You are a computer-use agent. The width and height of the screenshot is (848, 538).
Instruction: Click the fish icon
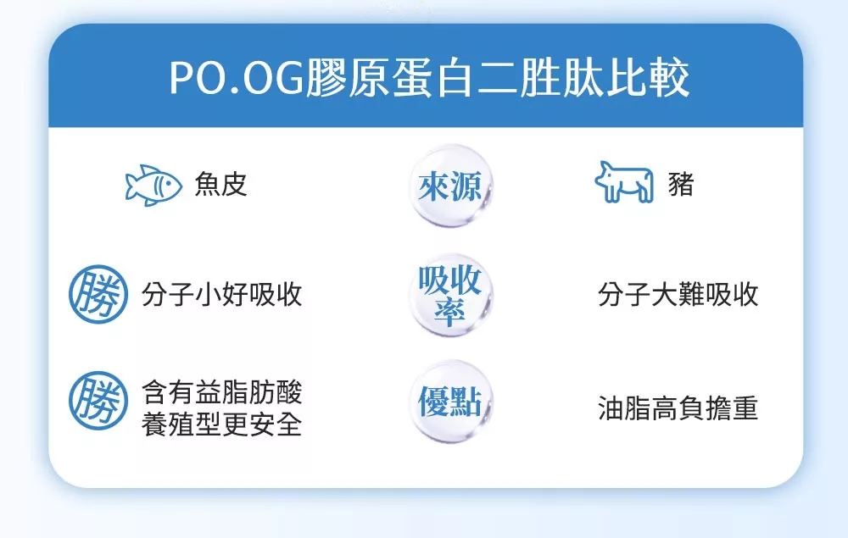pos(153,186)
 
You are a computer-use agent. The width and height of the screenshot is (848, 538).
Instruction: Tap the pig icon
pos(623,182)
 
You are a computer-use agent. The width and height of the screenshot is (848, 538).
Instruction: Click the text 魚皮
pos(221,185)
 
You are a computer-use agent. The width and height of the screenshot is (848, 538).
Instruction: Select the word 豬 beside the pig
pos(681,185)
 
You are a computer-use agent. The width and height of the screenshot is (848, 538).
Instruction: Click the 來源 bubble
pos(450,186)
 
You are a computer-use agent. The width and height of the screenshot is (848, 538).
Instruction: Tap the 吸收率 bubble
pos(450,295)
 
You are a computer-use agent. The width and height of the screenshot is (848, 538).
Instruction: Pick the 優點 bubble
pos(450,402)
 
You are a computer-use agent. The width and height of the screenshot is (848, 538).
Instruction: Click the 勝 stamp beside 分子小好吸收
pos(98,294)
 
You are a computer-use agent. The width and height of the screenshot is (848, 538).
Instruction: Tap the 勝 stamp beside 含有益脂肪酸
pos(98,400)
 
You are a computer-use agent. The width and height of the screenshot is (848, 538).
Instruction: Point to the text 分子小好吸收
pos(221,295)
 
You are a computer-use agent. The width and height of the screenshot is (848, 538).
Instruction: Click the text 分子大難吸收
pos(678,295)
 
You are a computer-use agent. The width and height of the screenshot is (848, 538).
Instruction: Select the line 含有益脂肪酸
pos(221,391)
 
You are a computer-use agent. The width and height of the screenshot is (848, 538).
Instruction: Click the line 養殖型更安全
pos(221,424)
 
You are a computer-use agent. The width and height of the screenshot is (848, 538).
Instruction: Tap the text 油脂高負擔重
pos(678,408)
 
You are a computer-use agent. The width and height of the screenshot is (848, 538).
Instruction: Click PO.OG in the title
pos(237,78)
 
